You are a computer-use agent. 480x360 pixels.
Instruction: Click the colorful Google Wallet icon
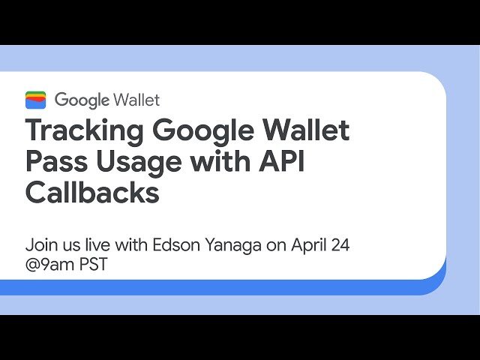coord(35,100)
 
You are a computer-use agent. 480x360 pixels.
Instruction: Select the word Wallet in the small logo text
coord(136,100)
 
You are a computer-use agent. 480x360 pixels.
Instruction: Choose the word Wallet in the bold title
coord(308,131)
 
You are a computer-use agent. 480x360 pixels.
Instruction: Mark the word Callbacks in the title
coord(92,193)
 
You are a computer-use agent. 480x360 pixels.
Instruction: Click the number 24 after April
coord(340,244)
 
